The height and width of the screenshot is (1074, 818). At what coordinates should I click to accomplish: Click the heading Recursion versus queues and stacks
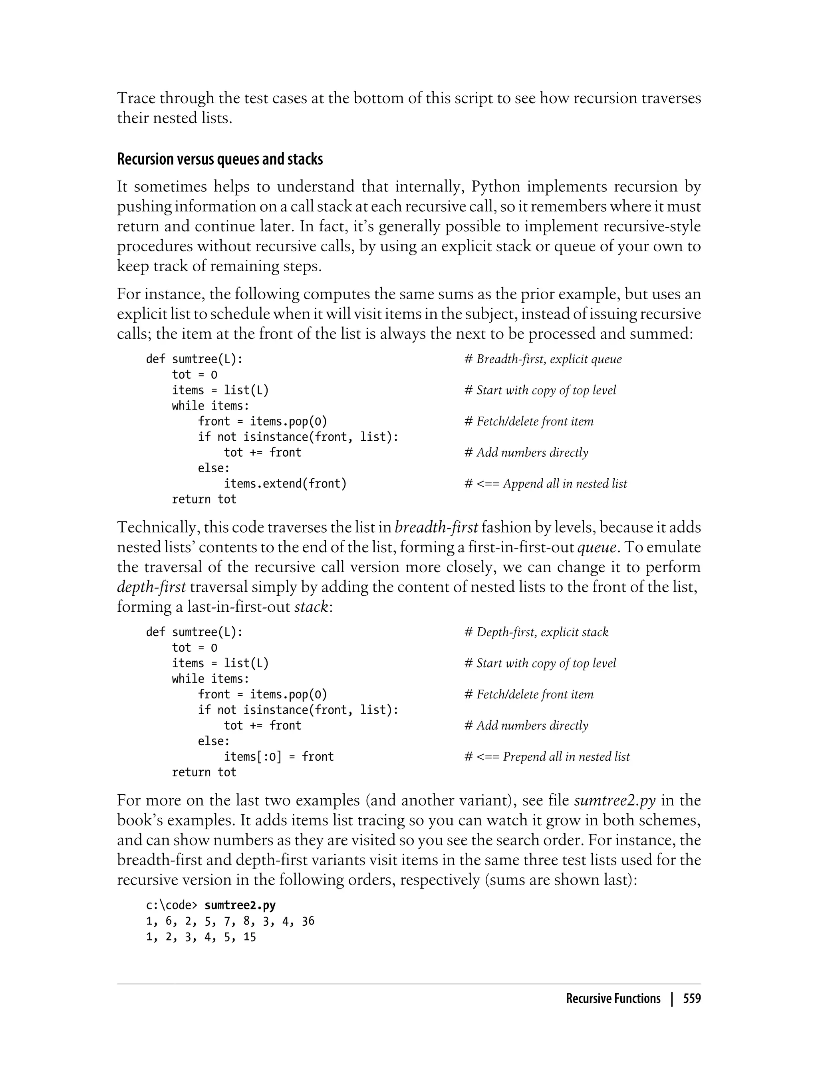pyautogui.click(x=220, y=160)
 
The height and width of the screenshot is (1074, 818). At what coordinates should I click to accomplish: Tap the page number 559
pyautogui.click(x=691, y=999)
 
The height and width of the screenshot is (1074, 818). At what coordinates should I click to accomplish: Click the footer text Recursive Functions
pyautogui.click(x=613, y=999)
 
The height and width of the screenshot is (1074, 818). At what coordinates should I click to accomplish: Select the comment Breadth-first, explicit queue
pyautogui.click(x=543, y=360)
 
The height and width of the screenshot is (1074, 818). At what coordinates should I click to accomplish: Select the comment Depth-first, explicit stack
pyautogui.click(x=536, y=632)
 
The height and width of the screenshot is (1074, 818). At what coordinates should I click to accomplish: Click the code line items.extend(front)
pyautogui.click(x=285, y=484)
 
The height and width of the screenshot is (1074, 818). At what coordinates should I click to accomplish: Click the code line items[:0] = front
pyautogui.click(x=278, y=756)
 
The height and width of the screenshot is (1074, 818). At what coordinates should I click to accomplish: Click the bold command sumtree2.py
pyautogui.click(x=240, y=905)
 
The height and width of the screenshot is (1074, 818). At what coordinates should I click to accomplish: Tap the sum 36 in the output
pyautogui.click(x=308, y=921)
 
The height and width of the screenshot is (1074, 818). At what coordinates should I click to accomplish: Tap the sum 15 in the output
pyautogui.click(x=249, y=937)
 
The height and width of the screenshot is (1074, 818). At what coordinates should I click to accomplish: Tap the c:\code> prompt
pyautogui.click(x=172, y=905)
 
